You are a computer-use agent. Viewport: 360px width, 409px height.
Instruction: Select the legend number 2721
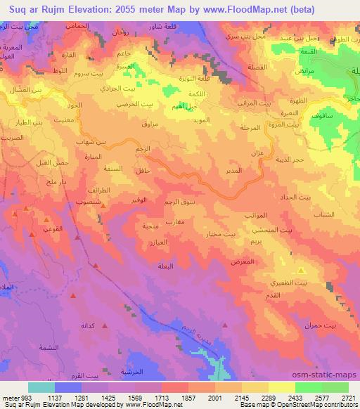347,398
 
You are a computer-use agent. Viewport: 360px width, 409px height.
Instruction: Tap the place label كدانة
87,327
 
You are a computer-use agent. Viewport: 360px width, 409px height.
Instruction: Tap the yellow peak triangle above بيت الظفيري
302,270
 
